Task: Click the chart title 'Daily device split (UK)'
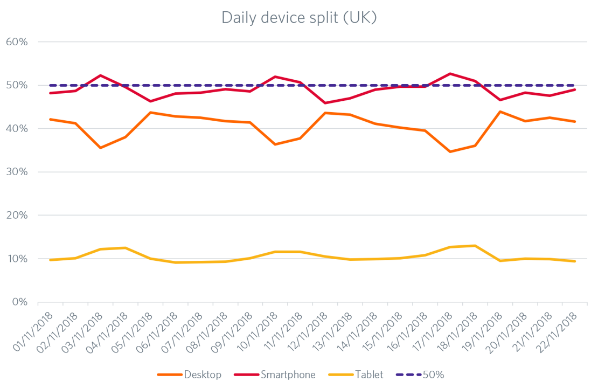pyautogui.click(x=299, y=17)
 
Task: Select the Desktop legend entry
pyautogui.click(x=202, y=375)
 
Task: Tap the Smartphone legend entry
pyautogui.click(x=288, y=375)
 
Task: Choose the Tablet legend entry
pyautogui.click(x=369, y=375)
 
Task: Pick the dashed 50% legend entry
pyautogui.click(x=434, y=375)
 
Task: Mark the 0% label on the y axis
pyautogui.click(x=19, y=302)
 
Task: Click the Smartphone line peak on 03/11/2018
pyautogui.click(x=100, y=75)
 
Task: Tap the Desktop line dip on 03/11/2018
pyautogui.click(x=100, y=148)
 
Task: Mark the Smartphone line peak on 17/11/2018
pyautogui.click(x=450, y=74)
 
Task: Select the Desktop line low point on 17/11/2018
pyautogui.click(x=450, y=152)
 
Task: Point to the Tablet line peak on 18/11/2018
pyautogui.click(x=475, y=246)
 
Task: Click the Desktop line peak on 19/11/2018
pyautogui.click(x=500, y=112)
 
